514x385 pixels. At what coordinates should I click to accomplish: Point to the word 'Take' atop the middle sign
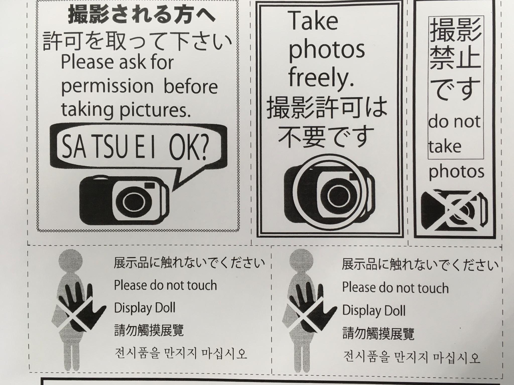point(314,21)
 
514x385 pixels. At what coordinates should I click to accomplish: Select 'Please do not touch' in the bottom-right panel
point(396,287)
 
